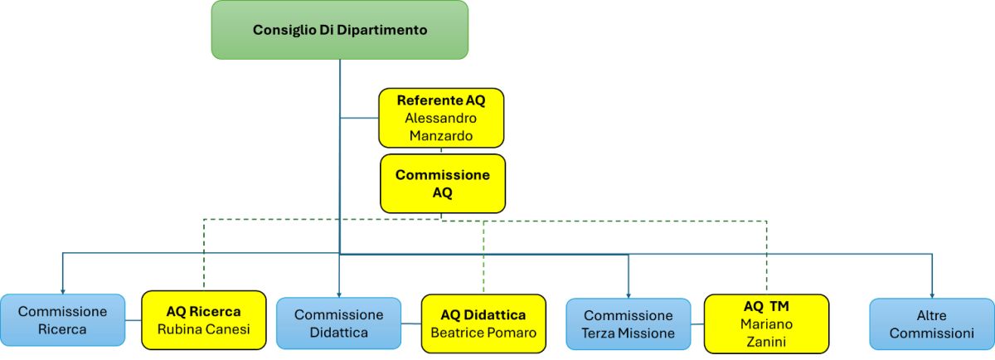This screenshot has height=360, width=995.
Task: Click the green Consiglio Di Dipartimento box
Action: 339,30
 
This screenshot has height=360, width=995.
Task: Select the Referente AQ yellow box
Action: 441,118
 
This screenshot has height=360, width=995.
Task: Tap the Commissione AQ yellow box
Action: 443,183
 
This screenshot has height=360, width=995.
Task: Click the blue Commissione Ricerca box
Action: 62,320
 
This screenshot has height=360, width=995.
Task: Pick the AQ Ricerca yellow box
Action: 203,320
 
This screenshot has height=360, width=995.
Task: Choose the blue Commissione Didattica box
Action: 338,323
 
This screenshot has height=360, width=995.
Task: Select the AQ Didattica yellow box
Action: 483,324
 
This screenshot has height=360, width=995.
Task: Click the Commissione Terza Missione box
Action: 629,324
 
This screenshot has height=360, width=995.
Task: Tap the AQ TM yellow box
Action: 766,324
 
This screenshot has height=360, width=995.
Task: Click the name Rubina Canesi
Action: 203,329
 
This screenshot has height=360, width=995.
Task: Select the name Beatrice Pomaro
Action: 483,333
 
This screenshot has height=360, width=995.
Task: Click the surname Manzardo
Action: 441,134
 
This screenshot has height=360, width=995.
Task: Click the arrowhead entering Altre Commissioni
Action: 932,294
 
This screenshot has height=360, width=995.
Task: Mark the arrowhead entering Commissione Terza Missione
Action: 629,294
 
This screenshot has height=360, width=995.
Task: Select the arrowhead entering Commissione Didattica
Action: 339,293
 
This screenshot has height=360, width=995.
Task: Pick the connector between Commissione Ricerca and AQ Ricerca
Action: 133,320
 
